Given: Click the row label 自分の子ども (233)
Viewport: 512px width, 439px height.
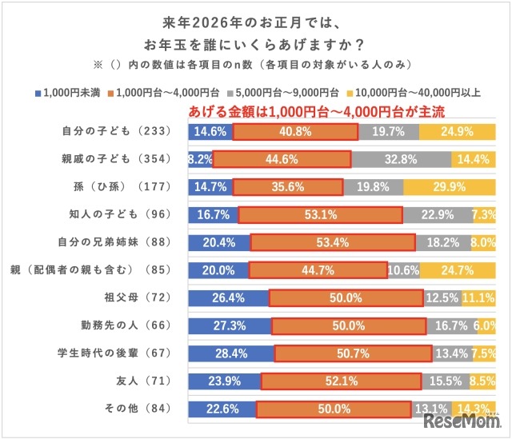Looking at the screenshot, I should click(x=112, y=131).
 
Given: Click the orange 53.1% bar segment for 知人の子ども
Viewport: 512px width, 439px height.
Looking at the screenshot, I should click(x=320, y=214).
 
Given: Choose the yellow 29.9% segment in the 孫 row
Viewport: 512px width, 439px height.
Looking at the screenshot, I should click(x=450, y=186).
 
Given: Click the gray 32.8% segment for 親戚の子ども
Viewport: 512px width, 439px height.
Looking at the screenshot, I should click(x=401, y=159).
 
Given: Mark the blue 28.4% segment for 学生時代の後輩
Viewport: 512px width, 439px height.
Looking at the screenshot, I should click(x=230, y=353).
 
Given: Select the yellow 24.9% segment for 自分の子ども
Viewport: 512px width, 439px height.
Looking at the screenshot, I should click(x=457, y=131).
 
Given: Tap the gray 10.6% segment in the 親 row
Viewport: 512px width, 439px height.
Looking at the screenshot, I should click(x=403, y=270).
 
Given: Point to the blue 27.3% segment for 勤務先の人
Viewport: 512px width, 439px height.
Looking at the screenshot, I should click(x=229, y=325).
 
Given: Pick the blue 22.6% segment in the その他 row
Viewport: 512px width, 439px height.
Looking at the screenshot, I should click(x=222, y=409).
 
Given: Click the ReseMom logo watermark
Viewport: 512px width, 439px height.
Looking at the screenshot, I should click(x=462, y=420).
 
